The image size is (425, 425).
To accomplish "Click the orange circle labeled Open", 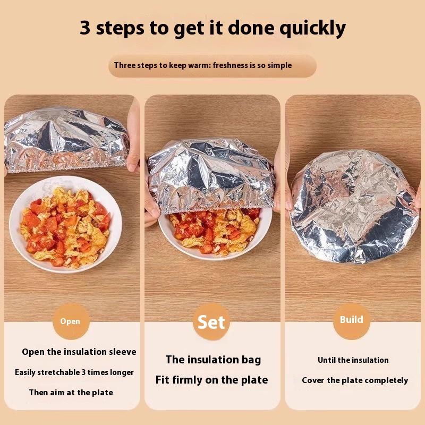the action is pos(71,321).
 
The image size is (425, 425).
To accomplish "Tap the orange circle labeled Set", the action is pos(211,322).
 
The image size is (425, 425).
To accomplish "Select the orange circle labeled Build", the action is pos(352,321).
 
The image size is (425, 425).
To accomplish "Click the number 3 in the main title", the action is pos(85,28).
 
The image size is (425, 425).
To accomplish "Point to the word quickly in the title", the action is pos(312,29).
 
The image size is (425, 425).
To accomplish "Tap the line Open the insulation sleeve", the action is pos(79,352).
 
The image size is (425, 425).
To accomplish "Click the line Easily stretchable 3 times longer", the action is pos(74,372).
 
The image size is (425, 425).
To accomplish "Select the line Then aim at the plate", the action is pos(71,393).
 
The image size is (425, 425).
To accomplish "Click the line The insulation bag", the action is pos(214,360).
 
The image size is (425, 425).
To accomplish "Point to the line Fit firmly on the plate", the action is pos(211,380).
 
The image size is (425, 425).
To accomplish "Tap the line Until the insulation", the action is pos(353,360).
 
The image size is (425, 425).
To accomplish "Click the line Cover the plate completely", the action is pos(355,380).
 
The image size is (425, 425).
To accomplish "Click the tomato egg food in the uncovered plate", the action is pos(65,227).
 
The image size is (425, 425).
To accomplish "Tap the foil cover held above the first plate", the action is pos(66,140).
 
